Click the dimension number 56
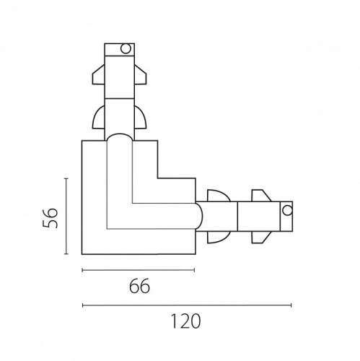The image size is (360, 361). pos(51,218)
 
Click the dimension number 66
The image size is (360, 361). pos(139,286)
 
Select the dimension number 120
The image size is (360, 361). pos(185,321)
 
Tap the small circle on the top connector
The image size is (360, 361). pos(126,49)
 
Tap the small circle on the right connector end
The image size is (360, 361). pos(287,211)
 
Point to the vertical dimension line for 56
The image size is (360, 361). pos(66,216)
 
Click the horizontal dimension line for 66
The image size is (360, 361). pos(139,270)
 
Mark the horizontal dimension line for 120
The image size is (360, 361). pos(187,305)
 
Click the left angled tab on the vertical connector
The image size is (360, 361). pos(99,74)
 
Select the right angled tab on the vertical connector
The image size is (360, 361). pos(140,74)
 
